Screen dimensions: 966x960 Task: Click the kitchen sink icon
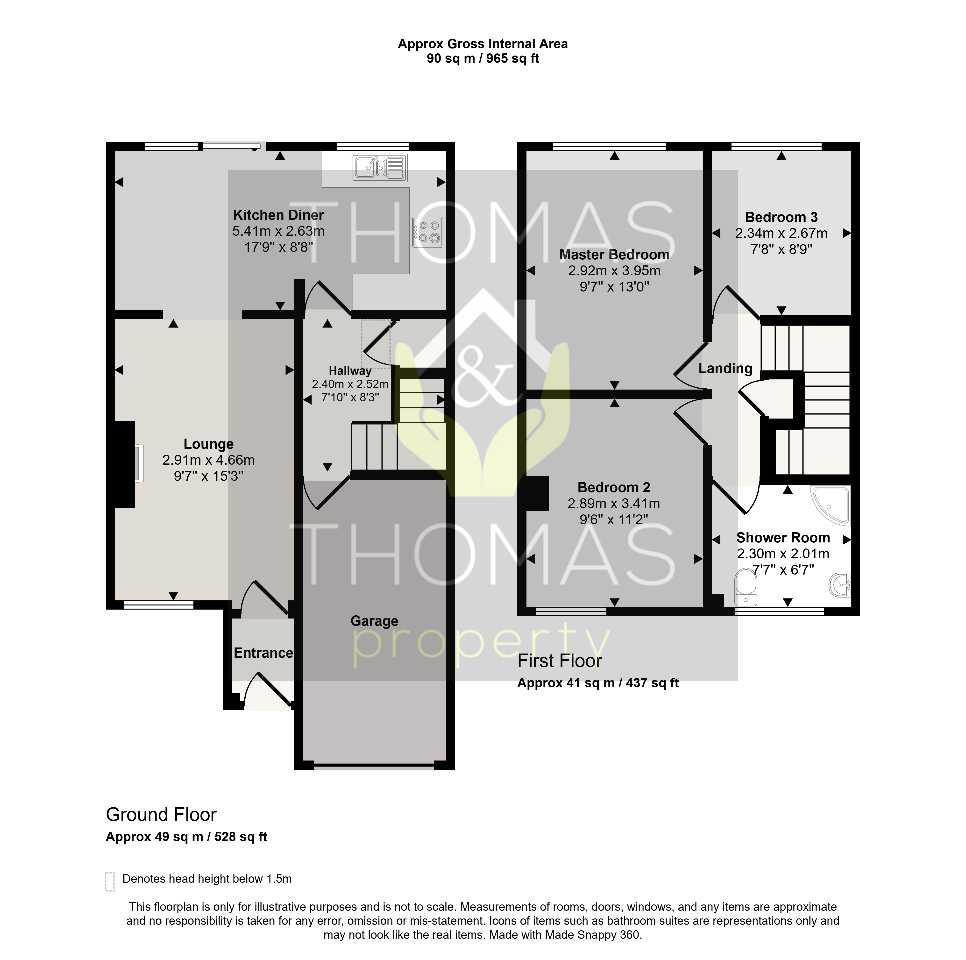379,168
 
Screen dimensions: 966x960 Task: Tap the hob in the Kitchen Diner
427,232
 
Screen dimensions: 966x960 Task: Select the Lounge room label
208,444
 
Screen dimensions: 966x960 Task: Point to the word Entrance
263,653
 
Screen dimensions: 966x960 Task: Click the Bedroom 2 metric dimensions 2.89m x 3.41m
614,504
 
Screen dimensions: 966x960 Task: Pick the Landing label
725,369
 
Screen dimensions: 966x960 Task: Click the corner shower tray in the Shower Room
830,506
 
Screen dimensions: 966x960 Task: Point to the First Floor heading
560,661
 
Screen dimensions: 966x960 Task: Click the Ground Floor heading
161,815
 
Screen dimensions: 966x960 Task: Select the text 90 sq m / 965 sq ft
483,58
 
